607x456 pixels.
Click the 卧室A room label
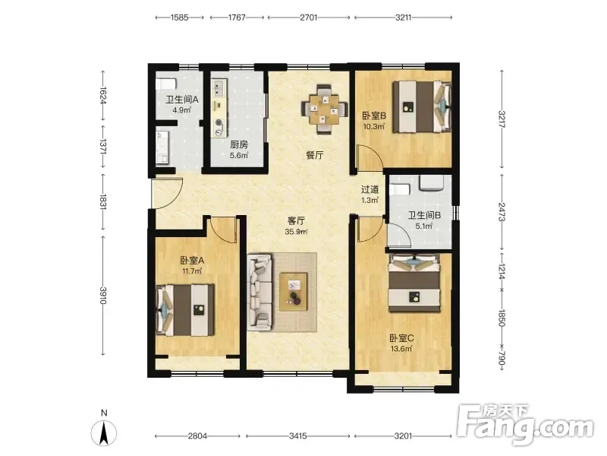pos(192,260)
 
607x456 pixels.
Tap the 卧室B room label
pos(374,116)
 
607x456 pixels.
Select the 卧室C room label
pos(401,338)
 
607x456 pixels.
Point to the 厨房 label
pos(239,144)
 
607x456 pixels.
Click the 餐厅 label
pos(314,155)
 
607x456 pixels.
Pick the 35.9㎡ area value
pos(296,232)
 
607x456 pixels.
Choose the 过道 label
pos(370,189)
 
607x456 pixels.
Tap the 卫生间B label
pos(424,215)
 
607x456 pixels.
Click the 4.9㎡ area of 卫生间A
pos(182,109)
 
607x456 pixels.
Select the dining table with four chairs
pos(325,109)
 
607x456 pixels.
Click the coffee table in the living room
pos(294,292)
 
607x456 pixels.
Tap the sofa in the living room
pos(259,292)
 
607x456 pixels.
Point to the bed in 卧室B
pos(422,106)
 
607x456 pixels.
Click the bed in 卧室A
pos(185,310)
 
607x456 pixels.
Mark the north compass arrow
pos(104,432)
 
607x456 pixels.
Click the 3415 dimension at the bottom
pos(298,435)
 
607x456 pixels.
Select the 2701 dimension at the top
pos(309,17)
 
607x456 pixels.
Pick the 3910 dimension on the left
pos(103,296)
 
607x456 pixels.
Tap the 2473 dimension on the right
pos(502,212)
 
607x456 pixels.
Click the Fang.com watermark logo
pos(524,425)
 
